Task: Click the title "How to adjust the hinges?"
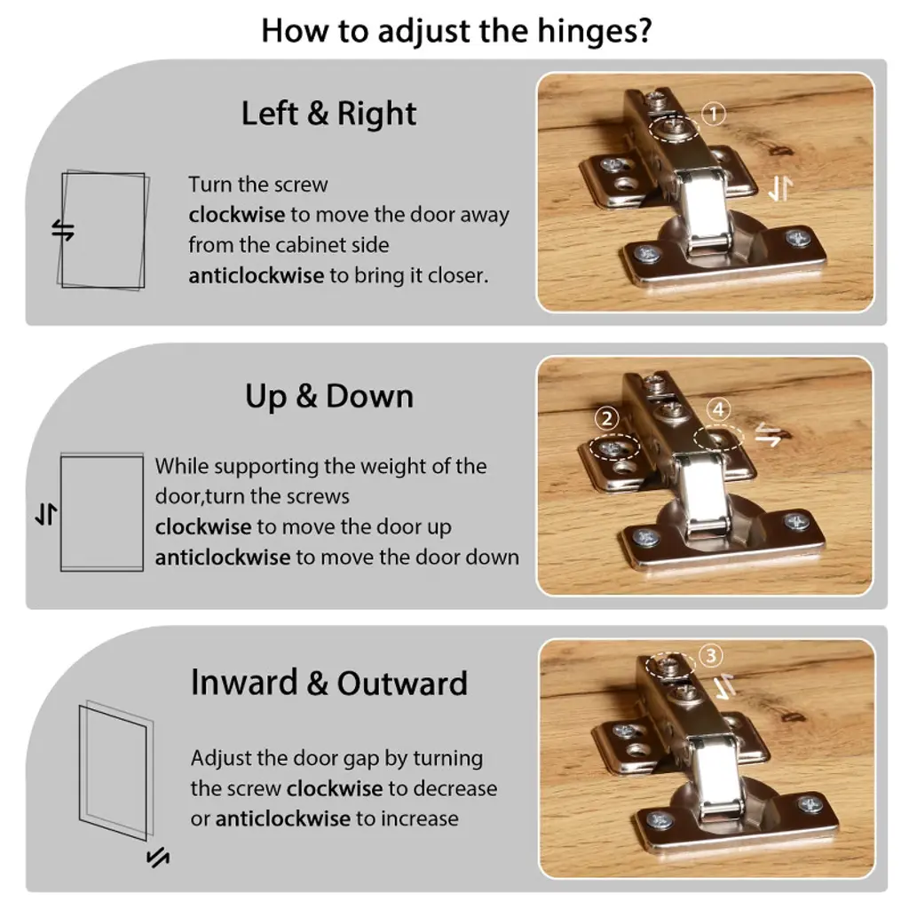(456, 31)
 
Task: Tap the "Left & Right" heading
(328, 113)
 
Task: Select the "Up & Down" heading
(329, 397)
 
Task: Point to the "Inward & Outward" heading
(329, 683)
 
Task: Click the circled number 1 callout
(714, 114)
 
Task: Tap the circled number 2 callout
(607, 418)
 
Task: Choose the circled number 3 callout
(711, 656)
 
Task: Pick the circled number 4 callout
(719, 409)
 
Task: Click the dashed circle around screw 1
(673, 116)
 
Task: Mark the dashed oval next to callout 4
(719, 425)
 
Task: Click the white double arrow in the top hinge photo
(780, 189)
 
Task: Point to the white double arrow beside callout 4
(769, 435)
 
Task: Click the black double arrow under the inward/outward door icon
(158, 857)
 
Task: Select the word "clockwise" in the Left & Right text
(236, 215)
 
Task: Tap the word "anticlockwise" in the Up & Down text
(223, 557)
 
